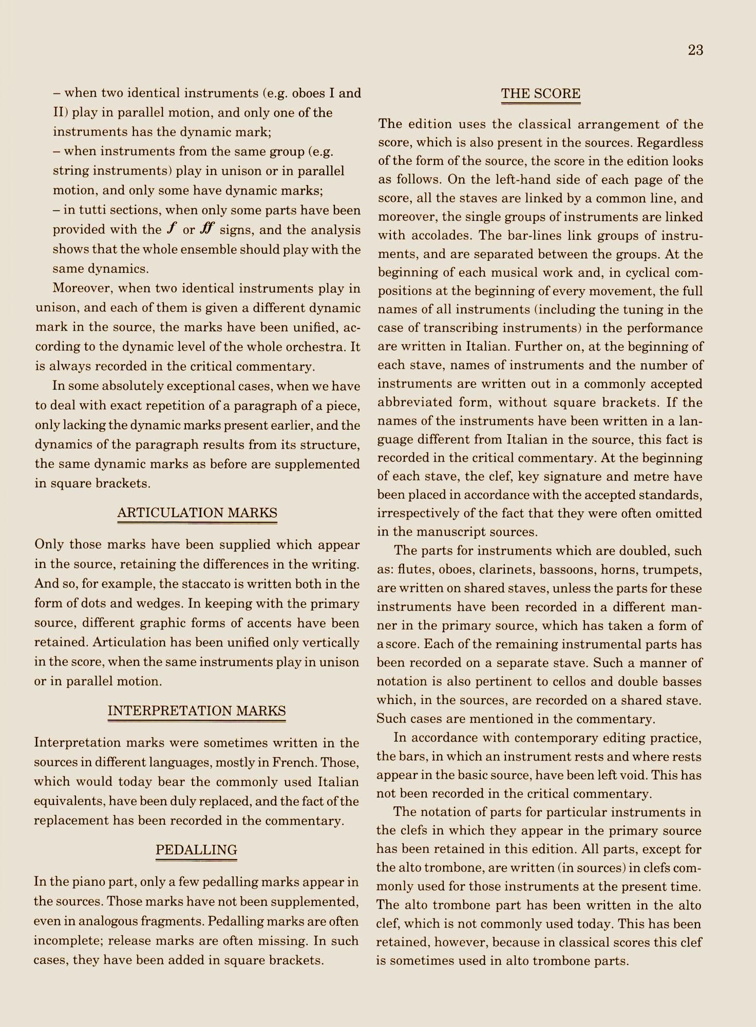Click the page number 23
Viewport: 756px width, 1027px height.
coord(695,50)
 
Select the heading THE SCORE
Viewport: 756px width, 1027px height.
coord(540,94)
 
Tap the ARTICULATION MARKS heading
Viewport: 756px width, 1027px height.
coord(197,512)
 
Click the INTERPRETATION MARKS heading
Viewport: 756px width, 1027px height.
coord(197,711)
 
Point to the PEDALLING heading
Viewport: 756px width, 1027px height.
coord(197,850)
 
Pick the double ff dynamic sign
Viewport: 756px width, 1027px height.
coord(206,229)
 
